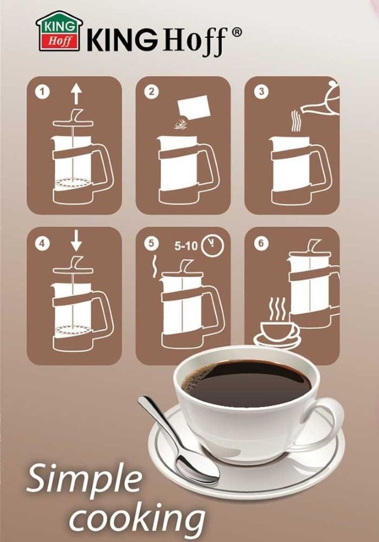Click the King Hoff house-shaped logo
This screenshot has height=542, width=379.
coord(59,31)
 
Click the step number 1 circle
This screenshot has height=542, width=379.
coord(42,92)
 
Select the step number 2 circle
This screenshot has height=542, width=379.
coord(151,92)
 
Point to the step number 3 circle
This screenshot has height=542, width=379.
coord(261,92)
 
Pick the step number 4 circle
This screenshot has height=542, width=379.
coord(42,244)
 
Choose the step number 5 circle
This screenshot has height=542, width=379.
coord(151,244)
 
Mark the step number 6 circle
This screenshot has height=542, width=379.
coord(261,244)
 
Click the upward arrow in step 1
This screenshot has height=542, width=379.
coord(76,94)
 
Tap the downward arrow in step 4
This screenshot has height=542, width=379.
coord(76,241)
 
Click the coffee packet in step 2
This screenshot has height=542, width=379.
coord(193,108)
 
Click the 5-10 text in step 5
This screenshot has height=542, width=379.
coord(186,246)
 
